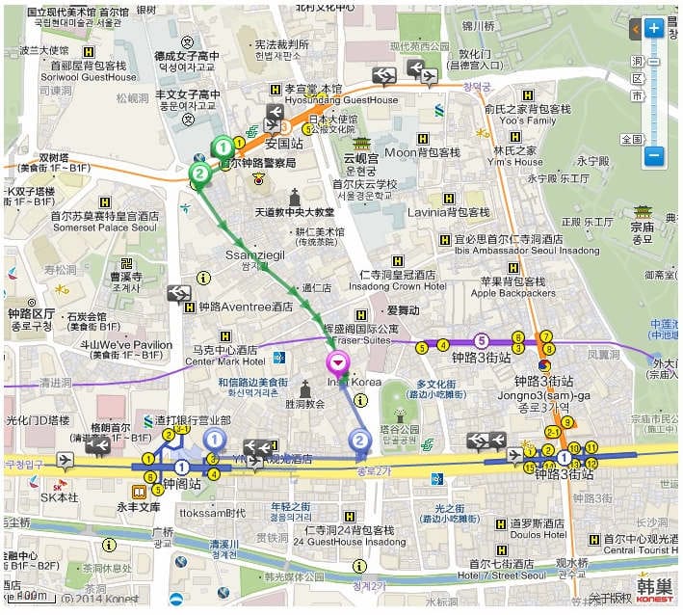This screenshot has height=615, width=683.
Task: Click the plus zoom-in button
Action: (654, 28)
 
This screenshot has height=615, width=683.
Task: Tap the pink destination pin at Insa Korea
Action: (338, 363)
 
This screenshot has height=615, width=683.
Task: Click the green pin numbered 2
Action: (200, 174)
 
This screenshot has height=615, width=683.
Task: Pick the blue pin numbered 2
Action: (360, 441)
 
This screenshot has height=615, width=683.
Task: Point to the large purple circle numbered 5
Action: (482, 339)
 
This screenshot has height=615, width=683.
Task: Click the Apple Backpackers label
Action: (512, 293)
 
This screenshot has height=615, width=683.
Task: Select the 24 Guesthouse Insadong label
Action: (348, 542)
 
